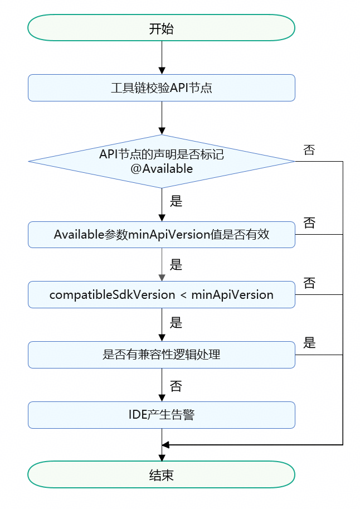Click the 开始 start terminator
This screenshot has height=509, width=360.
point(162,27)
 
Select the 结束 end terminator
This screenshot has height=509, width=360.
point(162,474)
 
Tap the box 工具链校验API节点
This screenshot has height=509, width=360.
point(162,88)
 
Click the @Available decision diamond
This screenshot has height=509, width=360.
point(162,161)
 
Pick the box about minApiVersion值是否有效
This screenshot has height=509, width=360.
point(162,234)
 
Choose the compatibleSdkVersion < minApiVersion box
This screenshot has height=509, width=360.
point(162,295)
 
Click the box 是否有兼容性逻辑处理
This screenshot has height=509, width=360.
point(162,355)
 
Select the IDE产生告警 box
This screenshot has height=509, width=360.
point(162,415)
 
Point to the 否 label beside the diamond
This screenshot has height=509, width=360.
point(309,150)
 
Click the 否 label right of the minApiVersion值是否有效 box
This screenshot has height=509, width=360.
point(309,223)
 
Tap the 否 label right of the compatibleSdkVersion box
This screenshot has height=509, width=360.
point(309,283)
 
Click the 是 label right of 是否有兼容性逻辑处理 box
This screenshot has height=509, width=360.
point(309,343)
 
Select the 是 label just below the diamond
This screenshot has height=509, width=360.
point(176,201)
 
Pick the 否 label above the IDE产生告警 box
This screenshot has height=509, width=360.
point(176,386)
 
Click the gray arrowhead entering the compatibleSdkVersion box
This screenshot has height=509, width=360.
point(162,278)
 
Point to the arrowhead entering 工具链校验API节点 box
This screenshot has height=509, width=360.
point(162,71)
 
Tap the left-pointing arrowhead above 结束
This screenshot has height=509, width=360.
point(165,445)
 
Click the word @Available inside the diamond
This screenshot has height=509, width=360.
point(162,169)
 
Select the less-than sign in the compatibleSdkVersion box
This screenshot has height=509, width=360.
point(183,295)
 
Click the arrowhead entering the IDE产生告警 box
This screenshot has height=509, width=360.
point(162,398)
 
